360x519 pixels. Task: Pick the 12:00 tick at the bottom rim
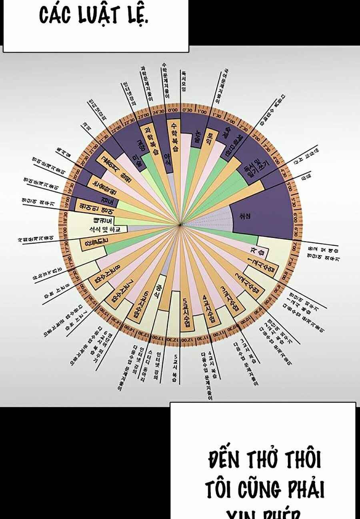tap(185, 340)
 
